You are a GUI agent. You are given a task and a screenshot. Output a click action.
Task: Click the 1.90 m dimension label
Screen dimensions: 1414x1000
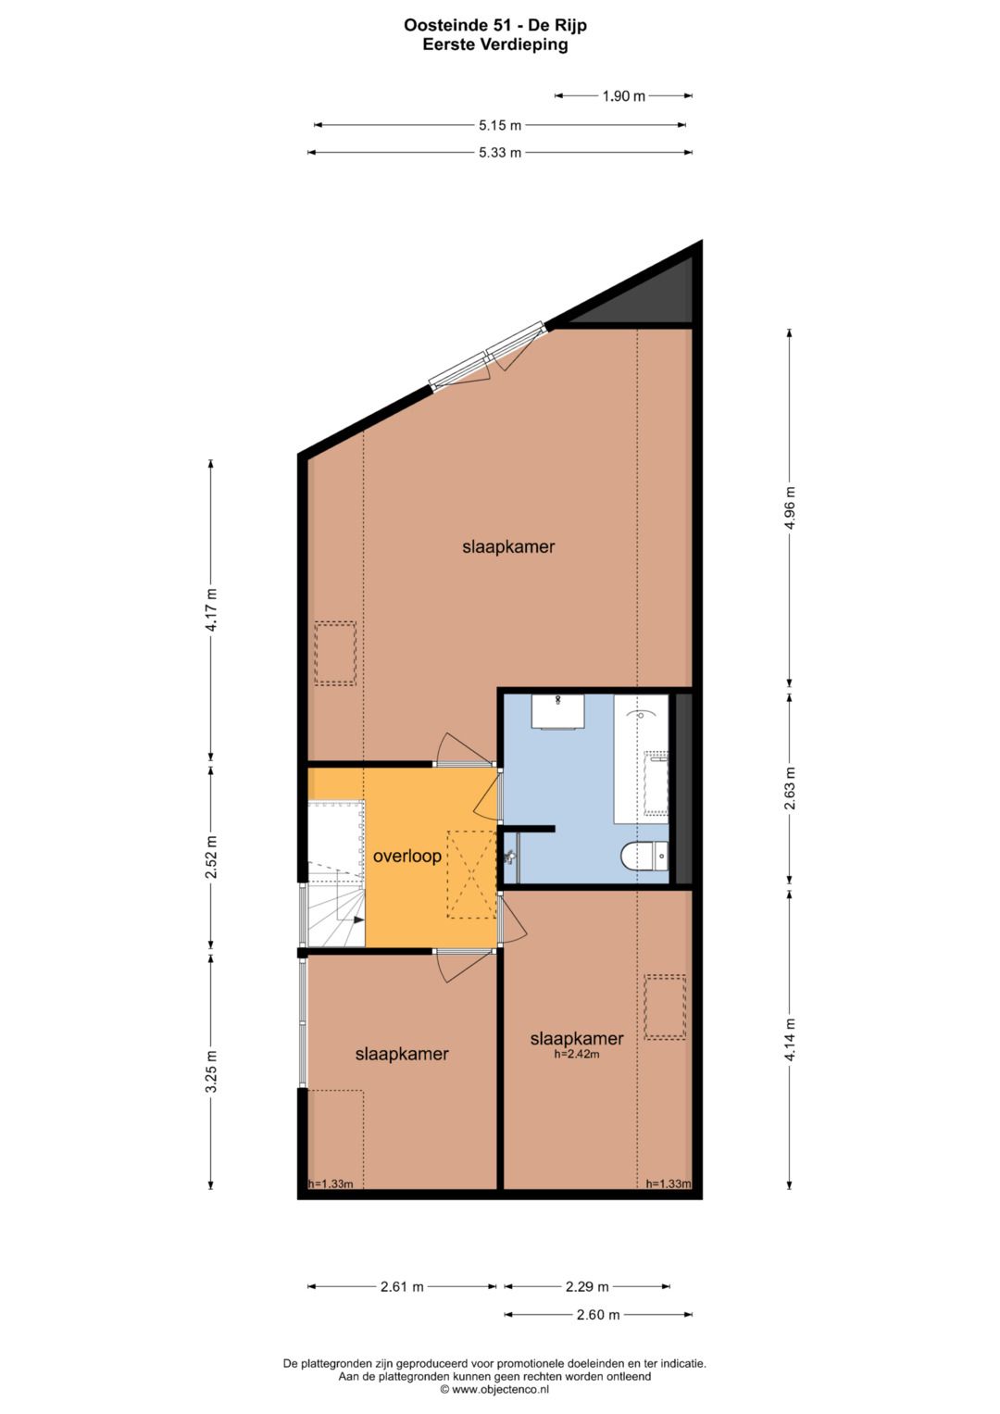623,95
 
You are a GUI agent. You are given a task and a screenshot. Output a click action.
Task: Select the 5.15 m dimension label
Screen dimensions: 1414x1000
500,125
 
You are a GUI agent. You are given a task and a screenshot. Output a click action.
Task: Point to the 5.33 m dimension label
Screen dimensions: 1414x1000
500,153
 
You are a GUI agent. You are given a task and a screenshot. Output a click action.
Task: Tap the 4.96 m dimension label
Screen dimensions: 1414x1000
789,507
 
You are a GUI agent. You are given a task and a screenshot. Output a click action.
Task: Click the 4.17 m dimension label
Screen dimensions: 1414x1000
211,610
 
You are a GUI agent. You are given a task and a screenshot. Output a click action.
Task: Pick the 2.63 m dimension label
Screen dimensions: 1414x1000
789,788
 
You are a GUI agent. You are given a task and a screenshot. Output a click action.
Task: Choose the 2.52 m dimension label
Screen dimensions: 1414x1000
211,856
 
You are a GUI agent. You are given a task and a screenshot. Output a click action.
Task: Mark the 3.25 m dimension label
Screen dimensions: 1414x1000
211,1071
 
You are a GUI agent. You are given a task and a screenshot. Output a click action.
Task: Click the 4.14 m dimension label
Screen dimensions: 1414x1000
789,1040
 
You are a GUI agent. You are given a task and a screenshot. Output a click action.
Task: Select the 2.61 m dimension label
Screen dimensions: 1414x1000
402,1286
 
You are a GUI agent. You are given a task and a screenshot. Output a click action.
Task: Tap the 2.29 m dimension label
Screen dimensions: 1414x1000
587,1286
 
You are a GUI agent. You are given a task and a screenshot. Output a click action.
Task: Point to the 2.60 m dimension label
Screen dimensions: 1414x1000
598,1314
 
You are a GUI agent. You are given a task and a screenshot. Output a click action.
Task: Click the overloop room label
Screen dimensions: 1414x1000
406,857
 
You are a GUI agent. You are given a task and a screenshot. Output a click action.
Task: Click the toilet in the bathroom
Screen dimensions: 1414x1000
644,857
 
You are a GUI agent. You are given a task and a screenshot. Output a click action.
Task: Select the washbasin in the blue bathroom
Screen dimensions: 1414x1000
557,711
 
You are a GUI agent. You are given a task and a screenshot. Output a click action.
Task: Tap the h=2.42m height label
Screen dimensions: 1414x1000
576,1054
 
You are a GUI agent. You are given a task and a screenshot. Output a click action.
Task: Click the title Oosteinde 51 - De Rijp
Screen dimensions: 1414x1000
495,26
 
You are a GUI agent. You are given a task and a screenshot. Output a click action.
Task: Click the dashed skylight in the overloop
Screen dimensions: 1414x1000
472,874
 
